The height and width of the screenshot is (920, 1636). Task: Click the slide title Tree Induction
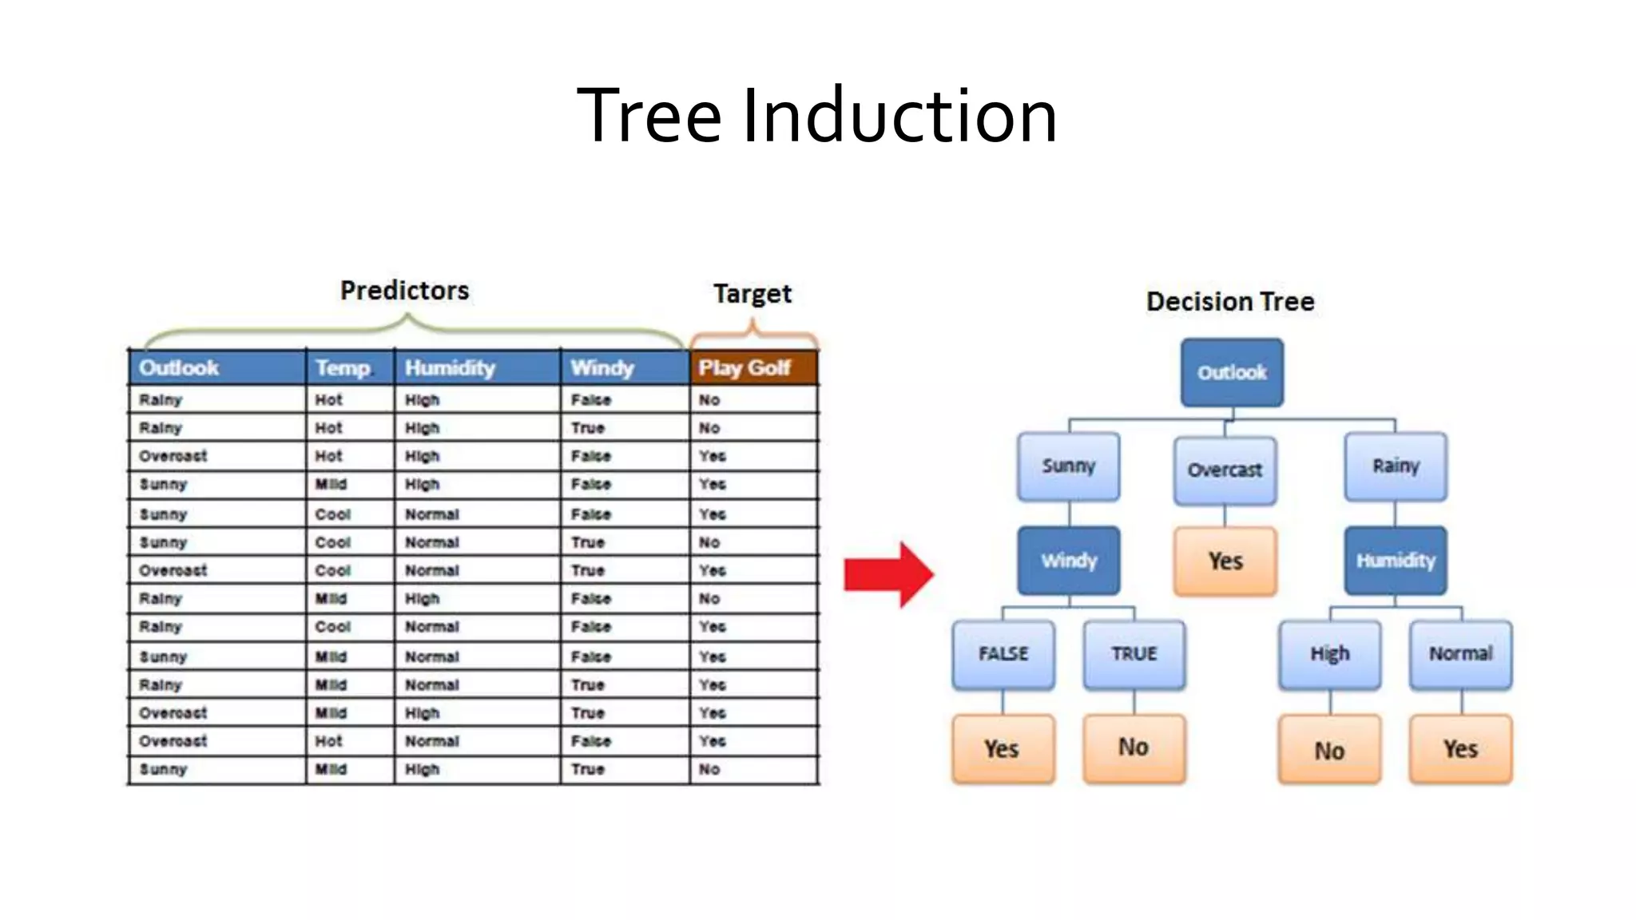[x=816, y=116]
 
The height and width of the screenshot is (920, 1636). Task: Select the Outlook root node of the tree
[x=1231, y=372]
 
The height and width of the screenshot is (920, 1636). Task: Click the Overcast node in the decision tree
[x=1224, y=470]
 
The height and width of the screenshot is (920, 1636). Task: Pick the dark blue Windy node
[x=1068, y=561]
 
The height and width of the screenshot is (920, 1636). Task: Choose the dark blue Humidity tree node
[x=1395, y=561]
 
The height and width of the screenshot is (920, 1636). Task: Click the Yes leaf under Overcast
[x=1224, y=561]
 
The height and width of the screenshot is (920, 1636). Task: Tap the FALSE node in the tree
[x=1003, y=654]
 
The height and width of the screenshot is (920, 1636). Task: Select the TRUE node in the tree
[x=1134, y=654]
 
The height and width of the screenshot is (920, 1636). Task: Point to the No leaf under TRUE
[x=1134, y=747]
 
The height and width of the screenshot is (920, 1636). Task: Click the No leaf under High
[x=1329, y=750]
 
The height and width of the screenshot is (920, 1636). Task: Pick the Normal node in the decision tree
[x=1460, y=654]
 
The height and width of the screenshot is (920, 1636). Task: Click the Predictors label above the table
[x=404, y=291]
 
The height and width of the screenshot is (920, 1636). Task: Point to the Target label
[x=752, y=294]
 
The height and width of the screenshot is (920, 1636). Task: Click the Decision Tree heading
[x=1229, y=302]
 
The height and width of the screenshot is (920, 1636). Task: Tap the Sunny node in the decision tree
[x=1068, y=466]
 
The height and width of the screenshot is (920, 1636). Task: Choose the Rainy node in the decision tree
[x=1395, y=466]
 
